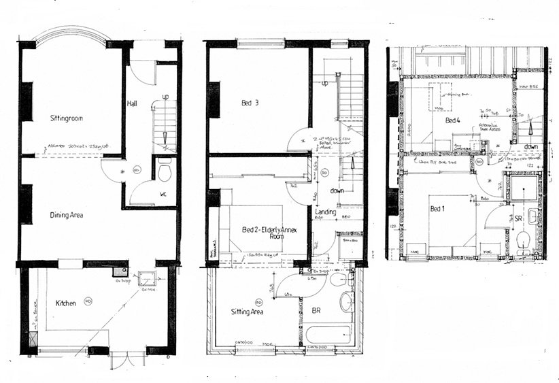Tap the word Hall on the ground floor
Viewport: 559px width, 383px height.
tap(133, 104)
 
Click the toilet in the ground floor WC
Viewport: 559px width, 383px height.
tap(164, 172)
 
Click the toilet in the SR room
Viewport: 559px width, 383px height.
tap(522, 239)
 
